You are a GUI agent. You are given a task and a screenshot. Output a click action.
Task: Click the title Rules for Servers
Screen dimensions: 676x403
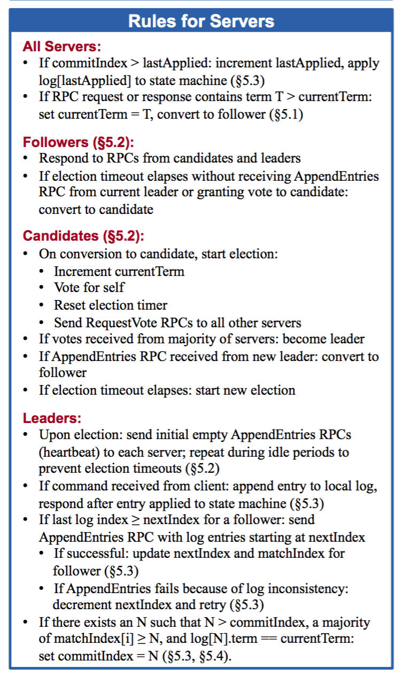pyautogui.click(x=201, y=21)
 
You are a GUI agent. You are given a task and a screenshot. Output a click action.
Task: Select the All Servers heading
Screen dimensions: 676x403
pyautogui.click(x=62, y=47)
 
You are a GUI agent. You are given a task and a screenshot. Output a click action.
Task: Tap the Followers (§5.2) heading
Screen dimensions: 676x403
pyautogui.click(x=78, y=142)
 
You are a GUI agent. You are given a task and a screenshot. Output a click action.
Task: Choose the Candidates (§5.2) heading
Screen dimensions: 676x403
pyautogui.click(x=83, y=236)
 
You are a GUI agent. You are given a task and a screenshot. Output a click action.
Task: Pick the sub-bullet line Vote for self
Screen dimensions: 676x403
pyautogui.click(x=89, y=287)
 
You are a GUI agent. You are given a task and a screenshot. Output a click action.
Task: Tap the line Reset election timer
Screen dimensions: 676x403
pyautogui.click(x=110, y=305)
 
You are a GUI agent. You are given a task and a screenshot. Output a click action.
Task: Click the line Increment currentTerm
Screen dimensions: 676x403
pyautogui.click(x=119, y=271)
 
